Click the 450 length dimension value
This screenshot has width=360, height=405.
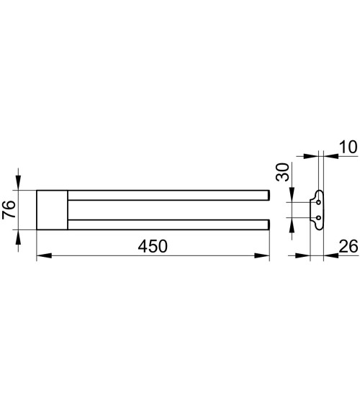point(153,246)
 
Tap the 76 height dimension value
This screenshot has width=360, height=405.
point(9,209)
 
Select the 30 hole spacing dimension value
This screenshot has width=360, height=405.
point(282,172)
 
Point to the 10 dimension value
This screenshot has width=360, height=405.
point(348,147)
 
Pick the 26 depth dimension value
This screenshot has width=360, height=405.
point(348,246)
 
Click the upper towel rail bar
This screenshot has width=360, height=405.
point(168,195)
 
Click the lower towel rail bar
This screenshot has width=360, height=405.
point(168,224)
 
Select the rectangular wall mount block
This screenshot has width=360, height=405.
point(52,210)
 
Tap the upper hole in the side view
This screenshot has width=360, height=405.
point(319,202)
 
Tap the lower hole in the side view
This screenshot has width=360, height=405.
point(319,218)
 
